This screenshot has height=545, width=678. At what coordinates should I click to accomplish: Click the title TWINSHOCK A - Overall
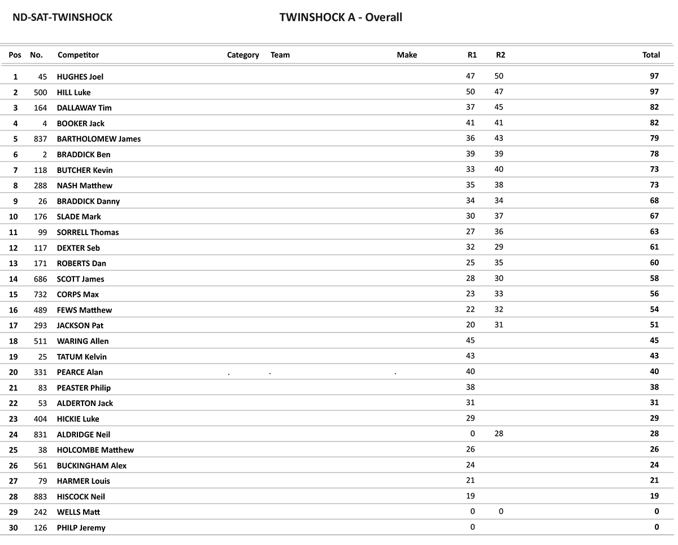click(341, 18)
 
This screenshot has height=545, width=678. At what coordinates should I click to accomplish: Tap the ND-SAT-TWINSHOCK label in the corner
click(63, 18)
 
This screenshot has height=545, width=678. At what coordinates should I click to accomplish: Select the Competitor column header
click(78, 55)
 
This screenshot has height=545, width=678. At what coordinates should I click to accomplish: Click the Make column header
click(407, 55)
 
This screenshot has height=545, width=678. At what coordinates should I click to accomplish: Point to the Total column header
click(651, 55)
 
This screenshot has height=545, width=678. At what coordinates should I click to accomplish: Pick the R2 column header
click(501, 55)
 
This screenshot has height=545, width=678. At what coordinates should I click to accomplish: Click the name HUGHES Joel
click(80, 77)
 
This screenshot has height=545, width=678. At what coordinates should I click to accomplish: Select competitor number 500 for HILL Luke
click(41, 92)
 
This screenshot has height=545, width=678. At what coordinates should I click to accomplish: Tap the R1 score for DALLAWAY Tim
click(471, 107)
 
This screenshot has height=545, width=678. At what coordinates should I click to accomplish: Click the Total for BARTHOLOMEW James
click(654, 139)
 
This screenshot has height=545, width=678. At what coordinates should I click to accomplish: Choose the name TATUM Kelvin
click(82, 357)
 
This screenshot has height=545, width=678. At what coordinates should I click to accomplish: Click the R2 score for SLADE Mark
click(499, 216)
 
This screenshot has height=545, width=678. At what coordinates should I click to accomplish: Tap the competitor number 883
click(41, 496)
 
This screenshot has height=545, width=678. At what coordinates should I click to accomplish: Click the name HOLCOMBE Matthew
click(95, 450)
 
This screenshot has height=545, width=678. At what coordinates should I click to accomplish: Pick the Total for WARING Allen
click(654, 340)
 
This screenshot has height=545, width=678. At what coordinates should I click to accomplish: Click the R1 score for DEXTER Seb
click(471, 247)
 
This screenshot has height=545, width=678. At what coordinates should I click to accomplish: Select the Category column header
click(243, 55)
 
